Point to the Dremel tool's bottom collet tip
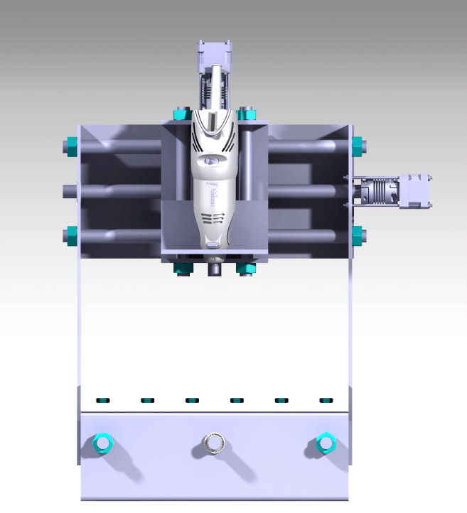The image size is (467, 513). point(213,271)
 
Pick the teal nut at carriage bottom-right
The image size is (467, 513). point(246,268)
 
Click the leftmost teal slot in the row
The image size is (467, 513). point(103,400)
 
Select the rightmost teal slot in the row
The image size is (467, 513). point(326,400)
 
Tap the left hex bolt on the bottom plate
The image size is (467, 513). point(102,443)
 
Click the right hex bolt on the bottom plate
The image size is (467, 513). point(326,443)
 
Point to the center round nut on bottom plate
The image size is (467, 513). point(213,443)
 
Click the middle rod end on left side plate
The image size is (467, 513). point(68,190)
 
